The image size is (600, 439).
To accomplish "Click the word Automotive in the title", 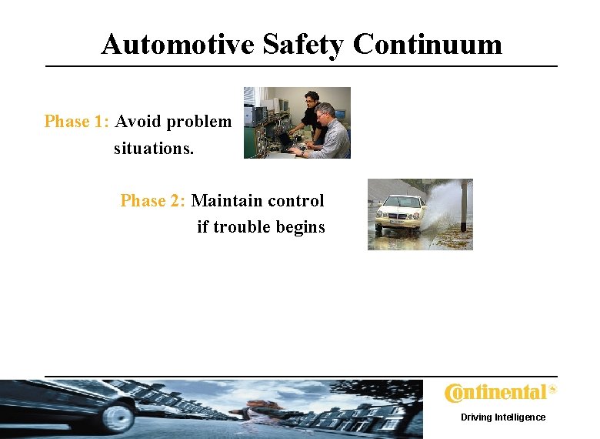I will coord(178,45).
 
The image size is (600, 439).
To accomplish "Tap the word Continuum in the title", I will coord(428,45).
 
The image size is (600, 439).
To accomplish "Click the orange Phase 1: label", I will coord(78,122).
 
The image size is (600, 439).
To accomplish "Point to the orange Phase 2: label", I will coord(153,201).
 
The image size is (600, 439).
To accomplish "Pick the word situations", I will coord(154,148).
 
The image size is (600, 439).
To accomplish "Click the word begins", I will coord(301,227).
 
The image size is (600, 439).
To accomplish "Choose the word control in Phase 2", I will coord(295,201).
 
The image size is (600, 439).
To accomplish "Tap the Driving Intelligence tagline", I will coord(503,417).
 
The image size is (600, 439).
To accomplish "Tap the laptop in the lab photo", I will coord(292,142).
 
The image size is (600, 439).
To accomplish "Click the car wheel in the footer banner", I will coord(118,417).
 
